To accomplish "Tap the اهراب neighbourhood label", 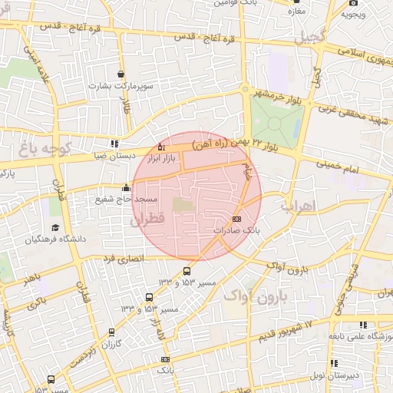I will [294, 206].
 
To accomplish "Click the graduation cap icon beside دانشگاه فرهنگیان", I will [55, 227].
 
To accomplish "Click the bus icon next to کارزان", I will [112, 332].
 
